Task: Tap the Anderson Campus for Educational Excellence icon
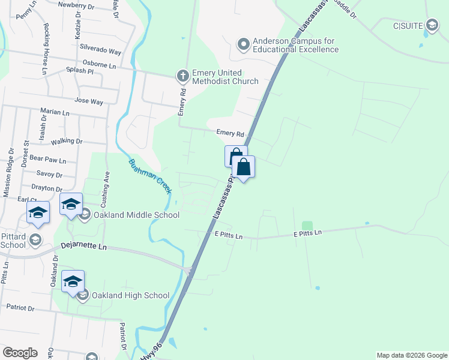coord(244,44)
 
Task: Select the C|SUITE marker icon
coord(432,25)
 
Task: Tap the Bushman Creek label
coord(150,176)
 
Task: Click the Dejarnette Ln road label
coord(83,247)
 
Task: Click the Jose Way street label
coord(89,102)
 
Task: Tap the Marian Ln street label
coord(55,112)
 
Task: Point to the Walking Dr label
coord(67,142)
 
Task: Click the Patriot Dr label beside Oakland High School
coord(21,308)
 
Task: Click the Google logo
coord(20,353)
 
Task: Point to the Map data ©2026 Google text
coord(412,355)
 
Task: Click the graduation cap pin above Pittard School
coord(38,213)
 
